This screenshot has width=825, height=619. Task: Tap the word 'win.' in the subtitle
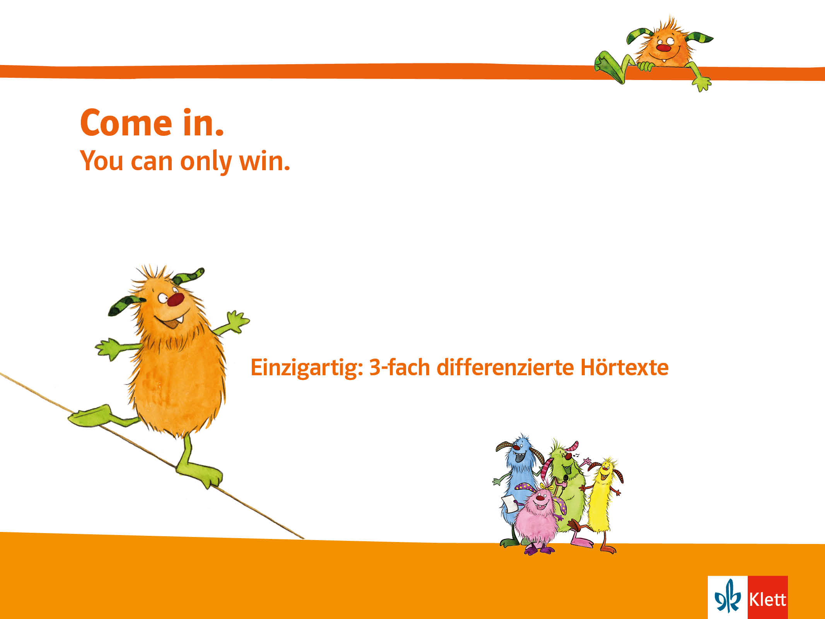click(x=265, y=161)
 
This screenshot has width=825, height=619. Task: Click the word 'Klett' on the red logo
click(x=767, y=600)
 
